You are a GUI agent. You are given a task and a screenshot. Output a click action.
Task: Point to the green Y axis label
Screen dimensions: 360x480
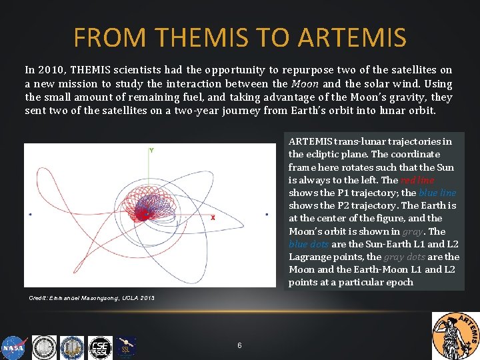click(x=151, y=151)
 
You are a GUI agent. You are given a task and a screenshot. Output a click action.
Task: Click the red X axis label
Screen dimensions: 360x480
click(x=213, y=218)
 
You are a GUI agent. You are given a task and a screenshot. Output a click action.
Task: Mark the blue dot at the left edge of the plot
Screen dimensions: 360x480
click(x=30, y=215)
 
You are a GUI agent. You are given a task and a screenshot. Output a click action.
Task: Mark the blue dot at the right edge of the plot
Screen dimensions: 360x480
click(x=267, y=215)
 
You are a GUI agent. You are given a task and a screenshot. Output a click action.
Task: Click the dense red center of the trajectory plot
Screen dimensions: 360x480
click(x=142, y=214)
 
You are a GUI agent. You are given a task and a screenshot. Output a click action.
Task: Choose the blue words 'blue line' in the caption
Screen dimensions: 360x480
click(x=437, y=193)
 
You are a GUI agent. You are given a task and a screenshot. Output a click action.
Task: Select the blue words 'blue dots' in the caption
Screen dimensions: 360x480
click(x=308, y=244)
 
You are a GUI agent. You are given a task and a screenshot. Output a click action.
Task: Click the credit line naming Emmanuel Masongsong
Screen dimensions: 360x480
click(x=92, y=297)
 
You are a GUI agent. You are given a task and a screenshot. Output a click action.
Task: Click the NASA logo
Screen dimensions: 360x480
click(x=13, y=347)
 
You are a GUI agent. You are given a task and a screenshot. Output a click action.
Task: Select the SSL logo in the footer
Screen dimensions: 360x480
click(x=127, y=347)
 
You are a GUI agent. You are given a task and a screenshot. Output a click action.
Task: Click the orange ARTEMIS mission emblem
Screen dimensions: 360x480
click(x=455, y=335)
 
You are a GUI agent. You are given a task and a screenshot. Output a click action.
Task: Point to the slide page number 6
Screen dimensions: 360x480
click(x=239, y=345)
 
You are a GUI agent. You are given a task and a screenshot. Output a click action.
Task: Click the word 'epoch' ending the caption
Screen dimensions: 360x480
click(x=399, y=282)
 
